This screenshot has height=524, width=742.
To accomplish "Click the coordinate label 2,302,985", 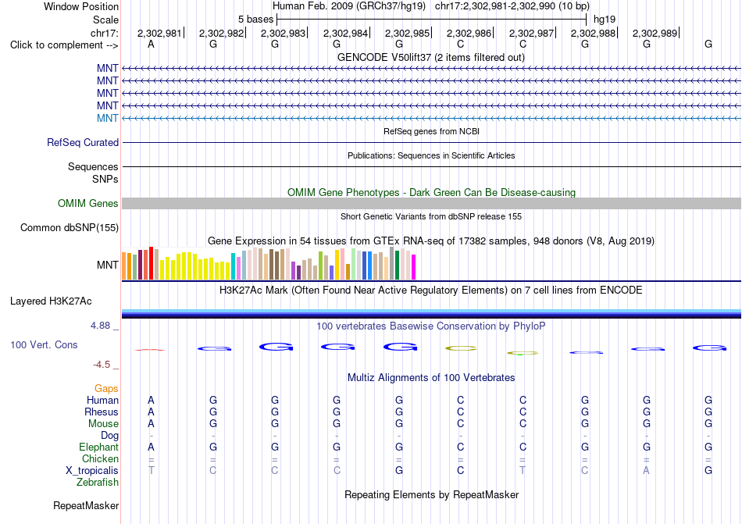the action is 407,33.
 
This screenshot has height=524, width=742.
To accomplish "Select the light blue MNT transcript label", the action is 108,118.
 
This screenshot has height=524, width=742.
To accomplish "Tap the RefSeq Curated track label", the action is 83,142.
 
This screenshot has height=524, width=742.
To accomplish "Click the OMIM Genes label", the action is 88,203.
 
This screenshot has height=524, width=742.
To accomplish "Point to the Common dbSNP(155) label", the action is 70,227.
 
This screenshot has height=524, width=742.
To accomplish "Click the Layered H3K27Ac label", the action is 51,301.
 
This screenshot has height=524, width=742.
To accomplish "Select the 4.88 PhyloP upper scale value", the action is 100,326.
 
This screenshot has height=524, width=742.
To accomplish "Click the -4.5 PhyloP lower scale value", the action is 102,365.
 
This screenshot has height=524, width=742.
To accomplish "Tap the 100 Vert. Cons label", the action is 44,344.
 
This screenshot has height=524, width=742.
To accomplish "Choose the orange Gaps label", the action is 106,388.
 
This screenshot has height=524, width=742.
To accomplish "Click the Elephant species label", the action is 99,447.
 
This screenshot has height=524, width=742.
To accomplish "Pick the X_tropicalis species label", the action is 92,471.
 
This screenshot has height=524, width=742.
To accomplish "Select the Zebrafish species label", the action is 98,483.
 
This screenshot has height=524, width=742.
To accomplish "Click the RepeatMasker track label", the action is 86,505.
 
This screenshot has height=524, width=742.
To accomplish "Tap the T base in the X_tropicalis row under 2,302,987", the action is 523,471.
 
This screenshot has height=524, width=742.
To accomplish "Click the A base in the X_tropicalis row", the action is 647,471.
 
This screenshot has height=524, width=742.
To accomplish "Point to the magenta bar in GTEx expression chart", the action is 414,267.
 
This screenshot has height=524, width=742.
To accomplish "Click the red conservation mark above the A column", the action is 150,350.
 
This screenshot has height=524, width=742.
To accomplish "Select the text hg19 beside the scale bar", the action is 605,20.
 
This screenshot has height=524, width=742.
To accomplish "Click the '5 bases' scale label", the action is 255,20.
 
